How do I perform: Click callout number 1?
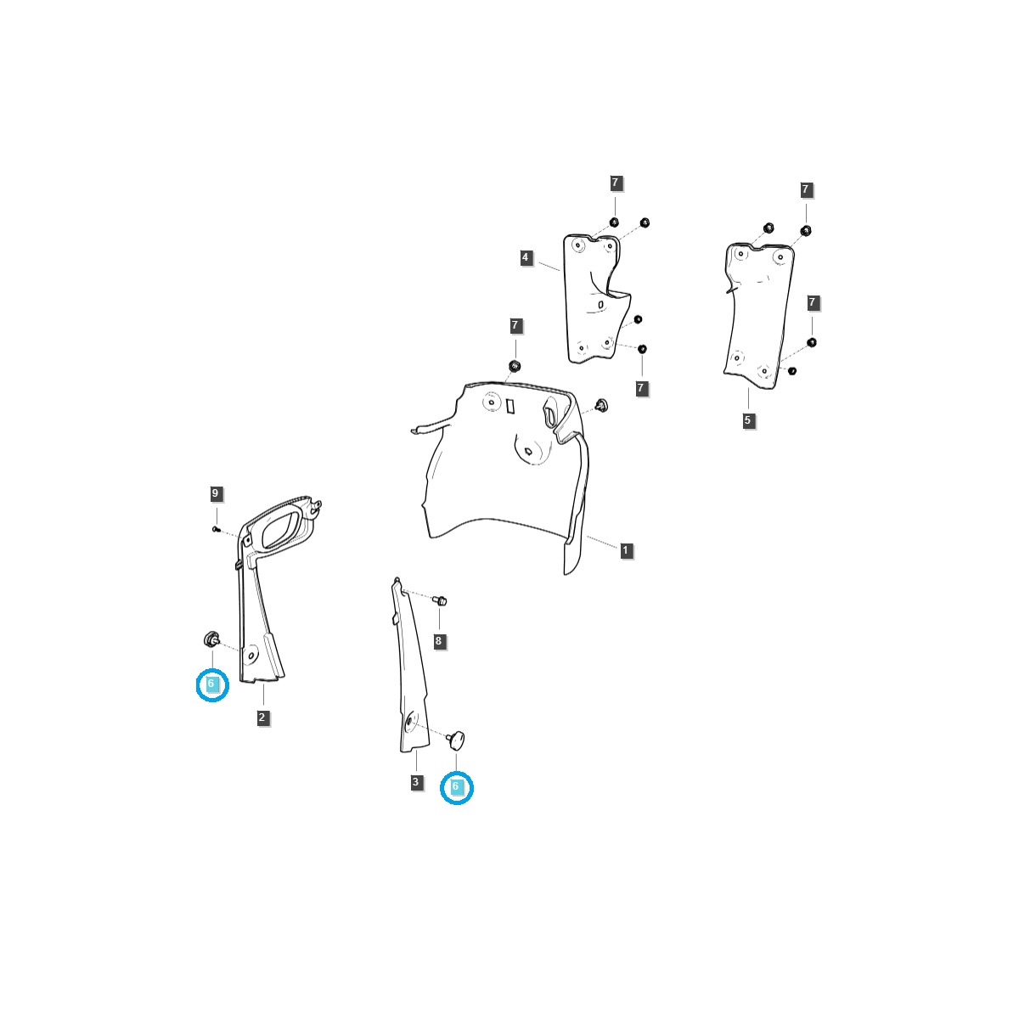click(x=626, y=550)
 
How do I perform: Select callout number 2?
click(x=262, y=718)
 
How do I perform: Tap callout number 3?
click(x=416, y=782)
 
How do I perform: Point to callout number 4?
click(x=526, y=257)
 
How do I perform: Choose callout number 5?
click(x=748, y=420)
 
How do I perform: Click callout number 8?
click(x=439, y=641)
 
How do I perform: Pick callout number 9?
click(x=216, y=493)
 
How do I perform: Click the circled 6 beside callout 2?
click(x=211, y=684)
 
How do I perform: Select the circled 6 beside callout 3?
click(x=456, y=787)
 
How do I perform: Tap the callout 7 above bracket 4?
click(x=616, y=183)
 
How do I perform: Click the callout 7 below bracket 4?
click(x=642, y=388)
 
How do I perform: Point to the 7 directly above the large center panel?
click(x=515, y=326)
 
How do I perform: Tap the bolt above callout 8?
click(x=440, y=600)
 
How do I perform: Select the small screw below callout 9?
click(x=216, y=529)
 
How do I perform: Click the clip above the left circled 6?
click(x=211, y=639)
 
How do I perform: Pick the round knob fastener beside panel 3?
click(x=457, y=738)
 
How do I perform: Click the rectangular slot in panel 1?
click(x=510, y=406)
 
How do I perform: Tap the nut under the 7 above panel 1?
click(x=515, y=366)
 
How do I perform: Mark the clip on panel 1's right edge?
click(x=601, y=404)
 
